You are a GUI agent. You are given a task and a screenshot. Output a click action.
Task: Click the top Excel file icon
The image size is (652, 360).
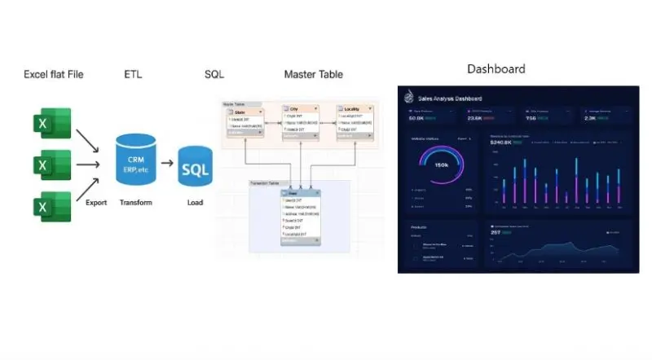[x=51, y=123]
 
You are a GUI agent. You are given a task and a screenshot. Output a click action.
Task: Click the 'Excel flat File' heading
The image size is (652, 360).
[x=54, y=75]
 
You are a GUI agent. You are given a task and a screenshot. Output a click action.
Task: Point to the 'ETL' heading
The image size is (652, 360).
[x=133, y=75]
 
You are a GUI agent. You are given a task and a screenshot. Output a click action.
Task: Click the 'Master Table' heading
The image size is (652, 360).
[x=313, y=75]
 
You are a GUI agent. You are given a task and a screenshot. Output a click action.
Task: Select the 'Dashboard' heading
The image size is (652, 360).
[x=496, y=69]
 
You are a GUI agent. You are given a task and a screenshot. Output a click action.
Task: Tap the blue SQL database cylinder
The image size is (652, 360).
[x=195, y=169]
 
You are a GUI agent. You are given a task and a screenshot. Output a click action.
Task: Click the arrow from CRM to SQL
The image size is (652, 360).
[x=167, y=162]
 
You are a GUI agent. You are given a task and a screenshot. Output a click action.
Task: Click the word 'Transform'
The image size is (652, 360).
[x=136, y=202]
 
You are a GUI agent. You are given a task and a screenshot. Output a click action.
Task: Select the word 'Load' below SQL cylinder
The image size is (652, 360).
[x=194, y=202]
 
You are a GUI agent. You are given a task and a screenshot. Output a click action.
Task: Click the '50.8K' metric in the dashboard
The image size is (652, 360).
[x=416, y=118]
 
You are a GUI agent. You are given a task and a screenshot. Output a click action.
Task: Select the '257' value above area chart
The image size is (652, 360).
[x=495, y=232]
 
